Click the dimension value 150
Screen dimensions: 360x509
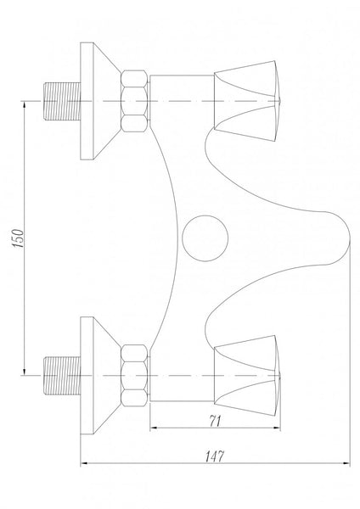point(18,238)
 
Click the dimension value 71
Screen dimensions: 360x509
point(215,421)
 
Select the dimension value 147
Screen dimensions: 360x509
point(215,456)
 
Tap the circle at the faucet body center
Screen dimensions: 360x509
point(205,238)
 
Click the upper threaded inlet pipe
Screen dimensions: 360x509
point(62,101)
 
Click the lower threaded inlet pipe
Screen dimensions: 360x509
point(62,376)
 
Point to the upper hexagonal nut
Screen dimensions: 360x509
point(134,101)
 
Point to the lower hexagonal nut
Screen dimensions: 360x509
point(134,376)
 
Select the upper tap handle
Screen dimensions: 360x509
point(247,101)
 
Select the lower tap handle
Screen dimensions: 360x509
point(247,376)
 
